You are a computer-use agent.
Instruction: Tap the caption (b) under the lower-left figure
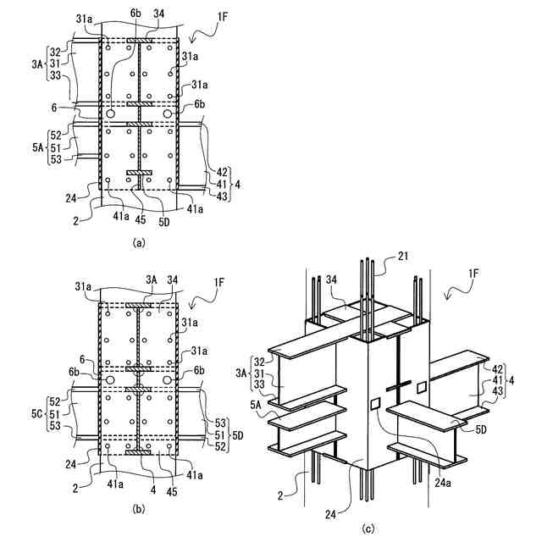pos(139,508)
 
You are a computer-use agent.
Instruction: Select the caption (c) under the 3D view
pos(368,530)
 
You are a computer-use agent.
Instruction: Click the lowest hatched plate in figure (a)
pos(138,174)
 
